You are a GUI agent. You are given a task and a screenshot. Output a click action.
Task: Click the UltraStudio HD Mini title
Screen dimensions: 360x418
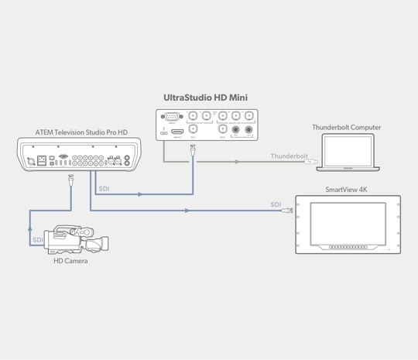coord(205,98)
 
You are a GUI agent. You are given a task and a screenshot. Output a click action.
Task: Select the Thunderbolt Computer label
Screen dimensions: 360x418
coord(346,127)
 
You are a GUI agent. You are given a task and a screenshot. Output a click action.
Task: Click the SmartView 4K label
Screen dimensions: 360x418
coord(348,189)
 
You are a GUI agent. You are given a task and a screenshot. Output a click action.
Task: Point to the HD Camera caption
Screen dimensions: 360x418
coord(70,261)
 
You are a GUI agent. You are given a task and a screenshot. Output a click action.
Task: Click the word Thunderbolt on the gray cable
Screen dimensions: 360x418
coord(289,156)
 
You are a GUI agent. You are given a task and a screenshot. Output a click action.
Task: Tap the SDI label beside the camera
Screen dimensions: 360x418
coord(39,240)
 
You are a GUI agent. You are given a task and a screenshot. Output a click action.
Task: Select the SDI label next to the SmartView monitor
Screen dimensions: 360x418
coord(276,204)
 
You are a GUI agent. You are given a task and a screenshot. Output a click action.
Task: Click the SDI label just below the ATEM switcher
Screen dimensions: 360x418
coord(104,188)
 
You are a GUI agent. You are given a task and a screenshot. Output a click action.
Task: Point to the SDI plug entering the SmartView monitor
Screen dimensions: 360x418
coord(289,210)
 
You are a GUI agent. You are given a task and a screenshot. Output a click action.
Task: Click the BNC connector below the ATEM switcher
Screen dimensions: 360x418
coord(71,179)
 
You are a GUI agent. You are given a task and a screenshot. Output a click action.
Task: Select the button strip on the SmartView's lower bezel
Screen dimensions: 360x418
coord(348,247)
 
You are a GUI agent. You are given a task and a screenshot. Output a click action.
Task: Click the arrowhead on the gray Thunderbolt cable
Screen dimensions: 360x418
coord(238,163)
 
